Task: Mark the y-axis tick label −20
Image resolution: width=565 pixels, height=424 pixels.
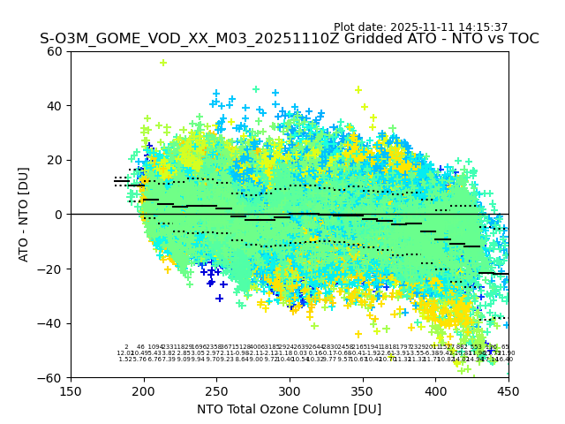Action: (x=52, y=269)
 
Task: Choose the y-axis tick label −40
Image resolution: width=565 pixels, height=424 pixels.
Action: (x=52, y=323)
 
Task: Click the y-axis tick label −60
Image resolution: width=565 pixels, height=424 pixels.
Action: (x=52, y=377)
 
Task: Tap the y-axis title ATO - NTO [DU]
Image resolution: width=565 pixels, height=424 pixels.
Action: (x=25, y=215)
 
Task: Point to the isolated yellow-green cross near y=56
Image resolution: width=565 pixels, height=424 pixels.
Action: (x=163, y=63)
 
